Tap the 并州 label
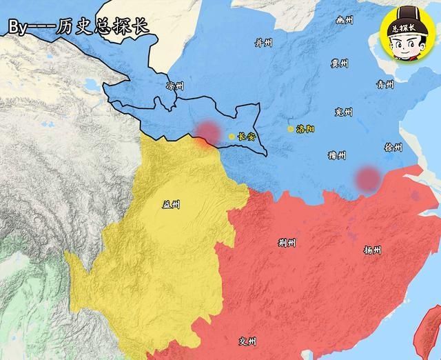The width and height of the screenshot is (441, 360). click(x=263, y=43)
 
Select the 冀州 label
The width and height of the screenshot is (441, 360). click(x=339, y=63)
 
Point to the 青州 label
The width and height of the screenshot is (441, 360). click(x=384, y=85)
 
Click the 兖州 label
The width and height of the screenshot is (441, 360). click(x=342, y=112)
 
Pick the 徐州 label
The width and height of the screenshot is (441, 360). click(x=393, y=148)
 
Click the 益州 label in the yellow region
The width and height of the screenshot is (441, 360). click(x=170, y=203)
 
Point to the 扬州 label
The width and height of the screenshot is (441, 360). click(x=371, y=250)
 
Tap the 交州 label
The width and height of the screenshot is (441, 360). click(x=247, y=341)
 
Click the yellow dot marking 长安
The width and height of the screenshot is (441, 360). click(x=232, y=137)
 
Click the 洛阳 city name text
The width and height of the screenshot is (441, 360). click(x=305, y=129)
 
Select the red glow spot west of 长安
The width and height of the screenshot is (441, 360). click(x=206, y=133)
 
